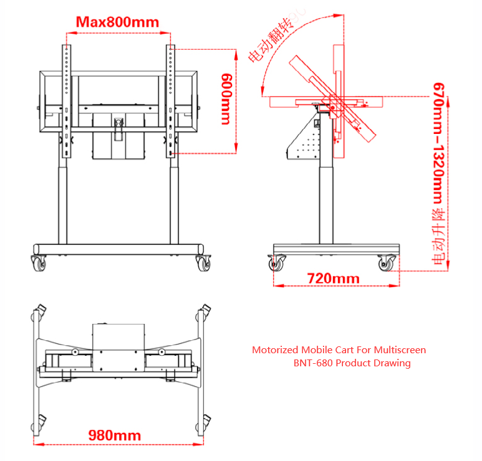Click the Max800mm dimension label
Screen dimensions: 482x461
[x=117, y=22]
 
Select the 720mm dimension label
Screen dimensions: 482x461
[x=333, y=278]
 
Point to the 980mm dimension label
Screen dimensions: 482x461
[x=115, y=435]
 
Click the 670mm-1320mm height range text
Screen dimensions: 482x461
[x=438, y=143]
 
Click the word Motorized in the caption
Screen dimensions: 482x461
[x=275, y=350]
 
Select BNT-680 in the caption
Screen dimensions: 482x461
[x=313, y=363]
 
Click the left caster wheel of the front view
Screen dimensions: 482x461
[x=39, y=264]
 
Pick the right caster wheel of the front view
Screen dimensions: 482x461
[x=203, y=264]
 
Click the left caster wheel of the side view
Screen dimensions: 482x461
[x=276, y=263]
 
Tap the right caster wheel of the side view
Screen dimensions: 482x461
[x=387, y=263]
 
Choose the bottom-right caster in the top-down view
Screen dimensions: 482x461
[x=203, y=423]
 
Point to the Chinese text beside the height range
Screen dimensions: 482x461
[x=438, y=237]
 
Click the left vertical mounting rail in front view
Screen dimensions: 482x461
[x=66, y=102]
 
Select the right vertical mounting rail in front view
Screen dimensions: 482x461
[x=171, y=102]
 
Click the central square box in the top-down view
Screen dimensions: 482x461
[x=118, y=348]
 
